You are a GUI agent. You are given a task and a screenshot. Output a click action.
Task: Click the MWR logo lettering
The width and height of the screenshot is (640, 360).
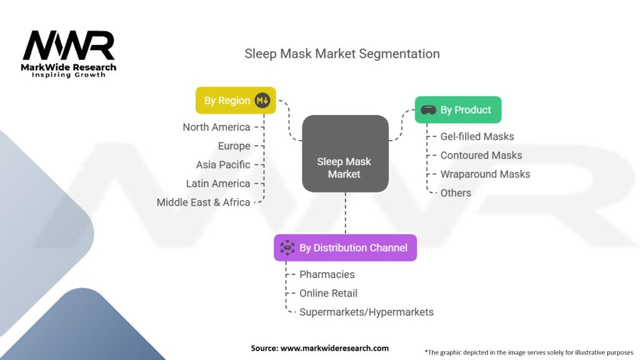point(69,45)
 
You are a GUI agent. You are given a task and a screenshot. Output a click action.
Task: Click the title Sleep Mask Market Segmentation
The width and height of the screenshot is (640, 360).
point(342,54)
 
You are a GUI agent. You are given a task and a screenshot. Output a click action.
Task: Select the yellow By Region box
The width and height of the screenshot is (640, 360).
point(236,101)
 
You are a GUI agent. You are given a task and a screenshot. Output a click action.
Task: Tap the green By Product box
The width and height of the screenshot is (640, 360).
point(458,110)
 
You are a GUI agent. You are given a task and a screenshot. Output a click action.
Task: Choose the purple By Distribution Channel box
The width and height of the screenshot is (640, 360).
point(345,247)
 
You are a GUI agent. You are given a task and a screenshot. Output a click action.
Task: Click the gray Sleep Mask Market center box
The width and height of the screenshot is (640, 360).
point(345,154)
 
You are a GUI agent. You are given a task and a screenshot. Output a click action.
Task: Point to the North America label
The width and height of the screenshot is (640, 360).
point(216,127)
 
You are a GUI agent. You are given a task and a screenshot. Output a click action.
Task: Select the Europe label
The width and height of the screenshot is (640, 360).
point(234,146)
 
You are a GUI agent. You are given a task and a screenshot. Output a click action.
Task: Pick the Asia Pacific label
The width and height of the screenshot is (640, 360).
point(223,165)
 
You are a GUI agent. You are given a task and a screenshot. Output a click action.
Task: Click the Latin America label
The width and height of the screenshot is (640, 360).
point(218,184)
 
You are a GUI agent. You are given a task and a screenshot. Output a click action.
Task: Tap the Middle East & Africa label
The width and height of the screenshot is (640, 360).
point(203,202)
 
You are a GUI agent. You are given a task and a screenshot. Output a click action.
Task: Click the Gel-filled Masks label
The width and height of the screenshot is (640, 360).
point(477,137)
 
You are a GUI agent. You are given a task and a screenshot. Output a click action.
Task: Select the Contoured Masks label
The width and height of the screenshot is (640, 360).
point(481,156)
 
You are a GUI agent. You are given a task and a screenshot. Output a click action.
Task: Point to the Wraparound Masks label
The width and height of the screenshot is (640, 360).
point(485,174)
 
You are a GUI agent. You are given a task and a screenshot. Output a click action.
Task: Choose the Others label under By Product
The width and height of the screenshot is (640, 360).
point(456,193)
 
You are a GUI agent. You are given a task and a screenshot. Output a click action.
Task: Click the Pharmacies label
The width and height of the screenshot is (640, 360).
point(327,275)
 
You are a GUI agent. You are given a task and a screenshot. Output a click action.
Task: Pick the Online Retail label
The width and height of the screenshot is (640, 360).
point(328,294)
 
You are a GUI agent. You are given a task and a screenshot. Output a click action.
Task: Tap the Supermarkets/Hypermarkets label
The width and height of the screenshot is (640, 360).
point(366,312)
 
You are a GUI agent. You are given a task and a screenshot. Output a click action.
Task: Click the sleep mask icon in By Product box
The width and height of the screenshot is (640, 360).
point(428,110)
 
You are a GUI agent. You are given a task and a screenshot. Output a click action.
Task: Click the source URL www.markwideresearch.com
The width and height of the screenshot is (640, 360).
point(334,348)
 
